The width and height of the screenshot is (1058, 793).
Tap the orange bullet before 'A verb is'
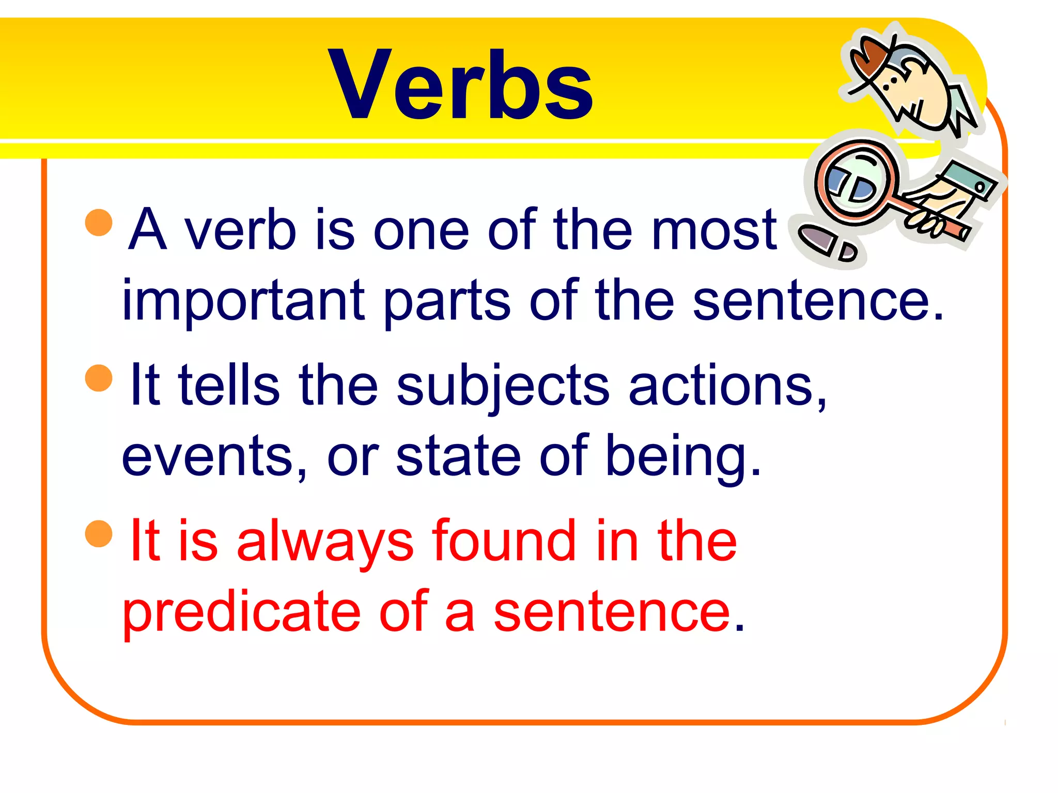99,223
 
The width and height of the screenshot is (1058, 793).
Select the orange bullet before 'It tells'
99,378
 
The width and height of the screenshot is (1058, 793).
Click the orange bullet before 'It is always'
99,533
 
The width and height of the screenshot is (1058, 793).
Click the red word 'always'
325,542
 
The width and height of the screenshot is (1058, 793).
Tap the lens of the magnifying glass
855,183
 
